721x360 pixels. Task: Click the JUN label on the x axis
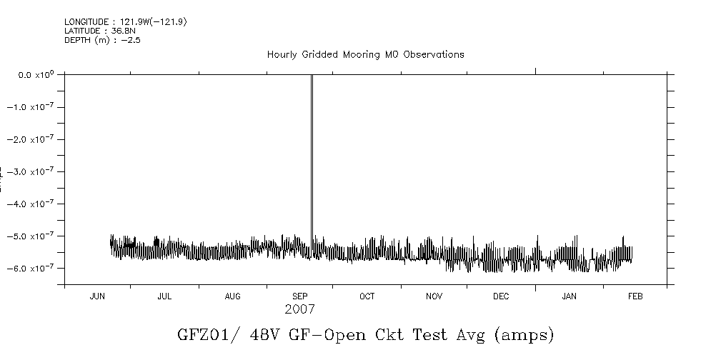point(97,296)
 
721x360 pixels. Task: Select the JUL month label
point(164,296)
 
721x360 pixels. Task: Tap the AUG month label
point(232,296)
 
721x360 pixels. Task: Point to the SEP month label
point(300,296)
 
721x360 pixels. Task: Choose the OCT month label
point(367,296)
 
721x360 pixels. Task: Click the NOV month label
point(434,296)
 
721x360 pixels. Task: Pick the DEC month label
point(501,296)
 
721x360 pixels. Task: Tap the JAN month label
point(569,296)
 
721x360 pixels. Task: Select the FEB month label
point(635,296)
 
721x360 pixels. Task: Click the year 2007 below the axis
point(299,310)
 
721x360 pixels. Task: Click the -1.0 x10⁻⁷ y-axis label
point(34,107)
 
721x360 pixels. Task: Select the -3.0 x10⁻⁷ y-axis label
point(34,171)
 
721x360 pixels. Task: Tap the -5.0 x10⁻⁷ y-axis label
point(34,236)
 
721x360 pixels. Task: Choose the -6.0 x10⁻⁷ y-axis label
point(34,268)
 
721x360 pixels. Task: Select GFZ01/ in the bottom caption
point(202,334)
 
